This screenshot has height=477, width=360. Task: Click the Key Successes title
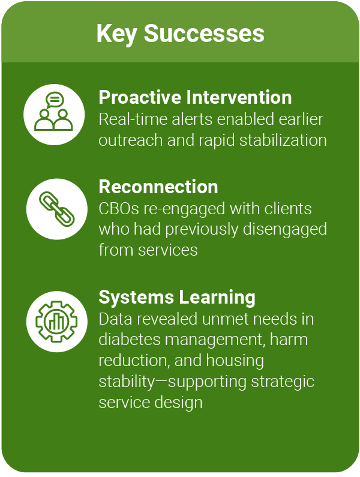coord(180,33)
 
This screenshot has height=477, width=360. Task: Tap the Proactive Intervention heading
coord(195,97)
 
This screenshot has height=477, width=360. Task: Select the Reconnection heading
coord(158,187)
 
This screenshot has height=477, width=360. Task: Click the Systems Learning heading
coord(177,297)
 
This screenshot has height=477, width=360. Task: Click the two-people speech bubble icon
coord(53,113)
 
